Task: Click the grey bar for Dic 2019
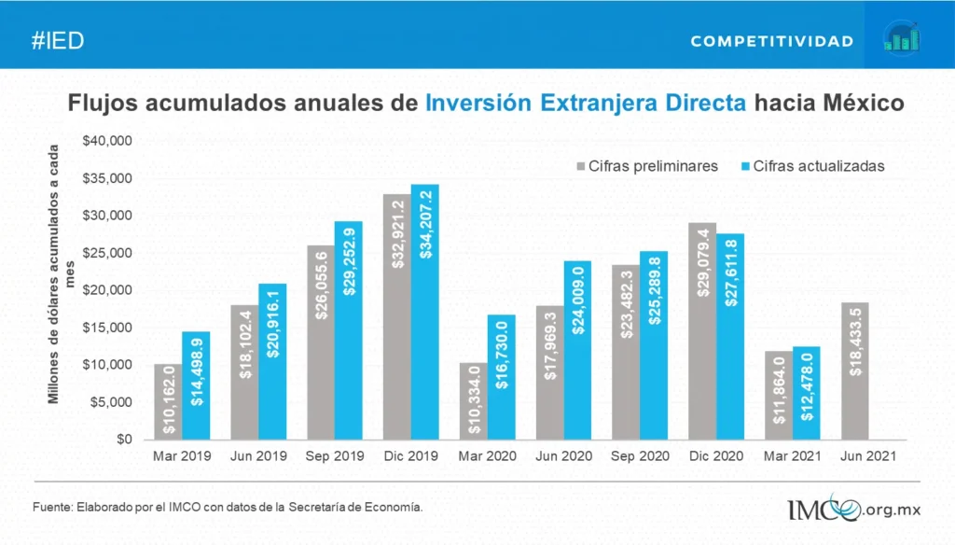(x=396, y=317)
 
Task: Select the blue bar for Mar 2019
(x=196, y=385)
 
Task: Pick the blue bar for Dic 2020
(x=730, y=336)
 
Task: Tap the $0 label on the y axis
(x=123, y=440)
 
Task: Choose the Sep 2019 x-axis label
(x=335, y=457)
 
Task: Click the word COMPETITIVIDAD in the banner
(x=772, y=42)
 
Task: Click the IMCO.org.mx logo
(x=854, y=509)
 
